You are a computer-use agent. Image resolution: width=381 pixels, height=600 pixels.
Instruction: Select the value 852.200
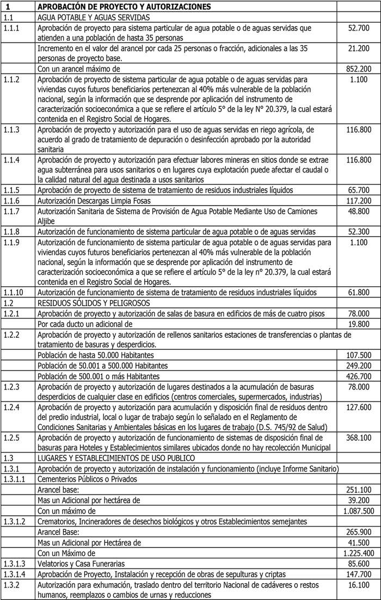tap(359, 69)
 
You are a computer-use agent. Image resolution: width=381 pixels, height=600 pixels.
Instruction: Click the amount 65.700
tap(359, 190)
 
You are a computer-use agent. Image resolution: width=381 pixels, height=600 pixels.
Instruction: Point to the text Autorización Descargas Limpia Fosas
tap(93, 201)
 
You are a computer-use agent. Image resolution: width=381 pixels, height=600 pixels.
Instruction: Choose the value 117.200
tap(359, 201)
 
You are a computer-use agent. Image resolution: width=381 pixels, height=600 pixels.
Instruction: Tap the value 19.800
tap(359, 324)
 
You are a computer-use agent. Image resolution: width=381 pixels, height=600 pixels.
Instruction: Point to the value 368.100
tap(359, 437)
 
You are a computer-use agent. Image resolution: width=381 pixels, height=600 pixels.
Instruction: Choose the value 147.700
tap(359, 574)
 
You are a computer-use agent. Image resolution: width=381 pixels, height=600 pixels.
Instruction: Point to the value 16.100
tap(359, 584)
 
